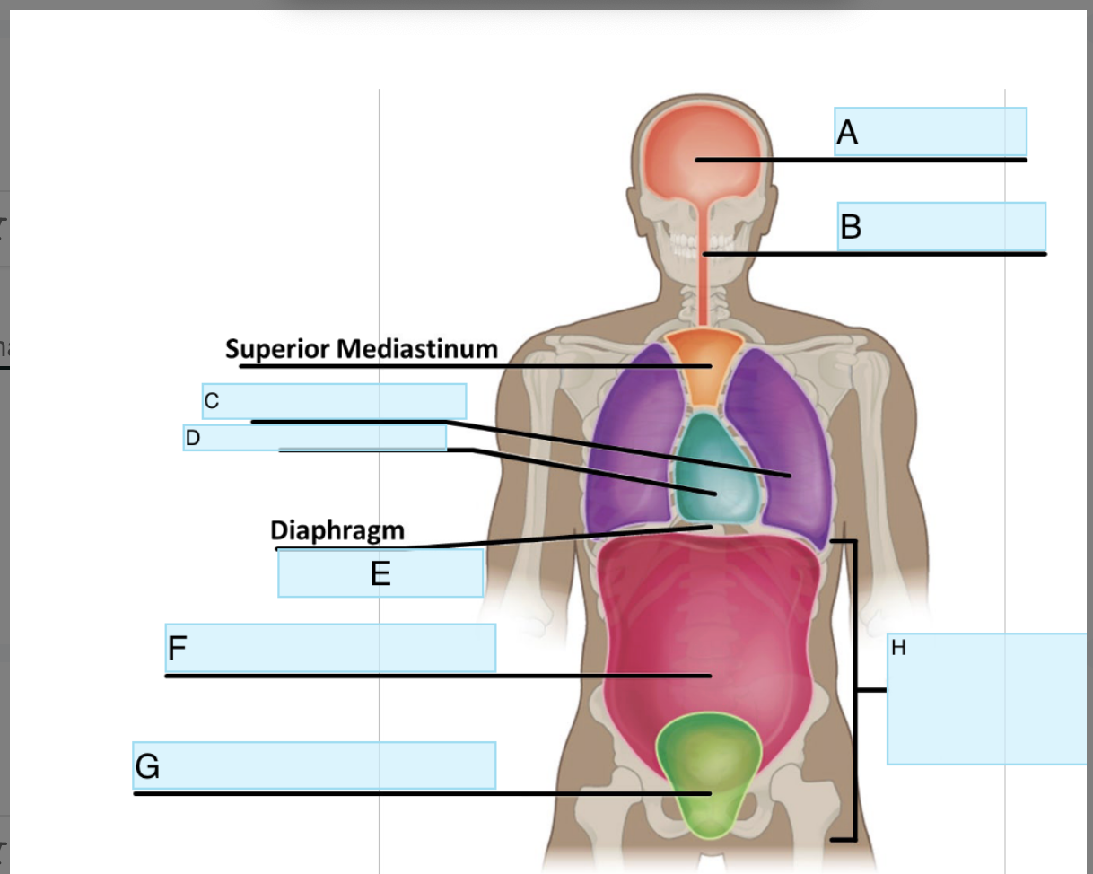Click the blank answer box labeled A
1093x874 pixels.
[931, 131]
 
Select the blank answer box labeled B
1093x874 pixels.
[941, 226]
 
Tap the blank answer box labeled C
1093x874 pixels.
[334, 400]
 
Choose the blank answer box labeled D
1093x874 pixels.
[315, 437]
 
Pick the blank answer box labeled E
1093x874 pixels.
[380, 572]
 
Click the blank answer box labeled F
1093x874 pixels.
[330, 647]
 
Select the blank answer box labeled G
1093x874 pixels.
[314, 765]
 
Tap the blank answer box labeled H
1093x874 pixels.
[987, 698]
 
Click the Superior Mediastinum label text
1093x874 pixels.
[361, 348]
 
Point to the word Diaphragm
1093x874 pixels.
[337, 530]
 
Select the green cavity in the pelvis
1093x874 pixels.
[709, 772]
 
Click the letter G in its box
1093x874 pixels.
[147, 766]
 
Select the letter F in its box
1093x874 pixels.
[177, 648]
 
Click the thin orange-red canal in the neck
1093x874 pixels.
[704, 287]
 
